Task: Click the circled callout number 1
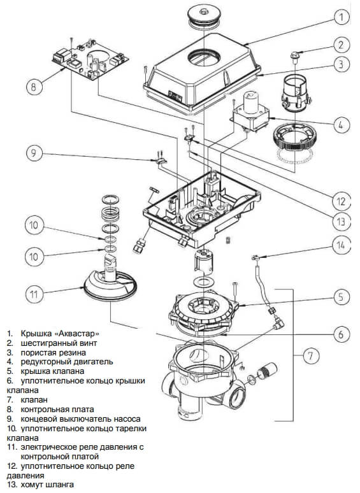coord(341,17)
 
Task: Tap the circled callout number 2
coord(341,45)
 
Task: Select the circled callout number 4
coord(341,125)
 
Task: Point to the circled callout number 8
coord(33,87)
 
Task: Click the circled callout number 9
coord(33,153)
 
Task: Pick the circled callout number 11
coord(34,294)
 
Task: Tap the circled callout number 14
coord(341,245)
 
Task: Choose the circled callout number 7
coord(310,355)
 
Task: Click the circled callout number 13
coord(341,222)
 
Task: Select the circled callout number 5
coord(341,297)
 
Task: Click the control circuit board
coord(90,58)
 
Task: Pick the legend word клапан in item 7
coord(34,400)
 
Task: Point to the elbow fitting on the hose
coord(278,322)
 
